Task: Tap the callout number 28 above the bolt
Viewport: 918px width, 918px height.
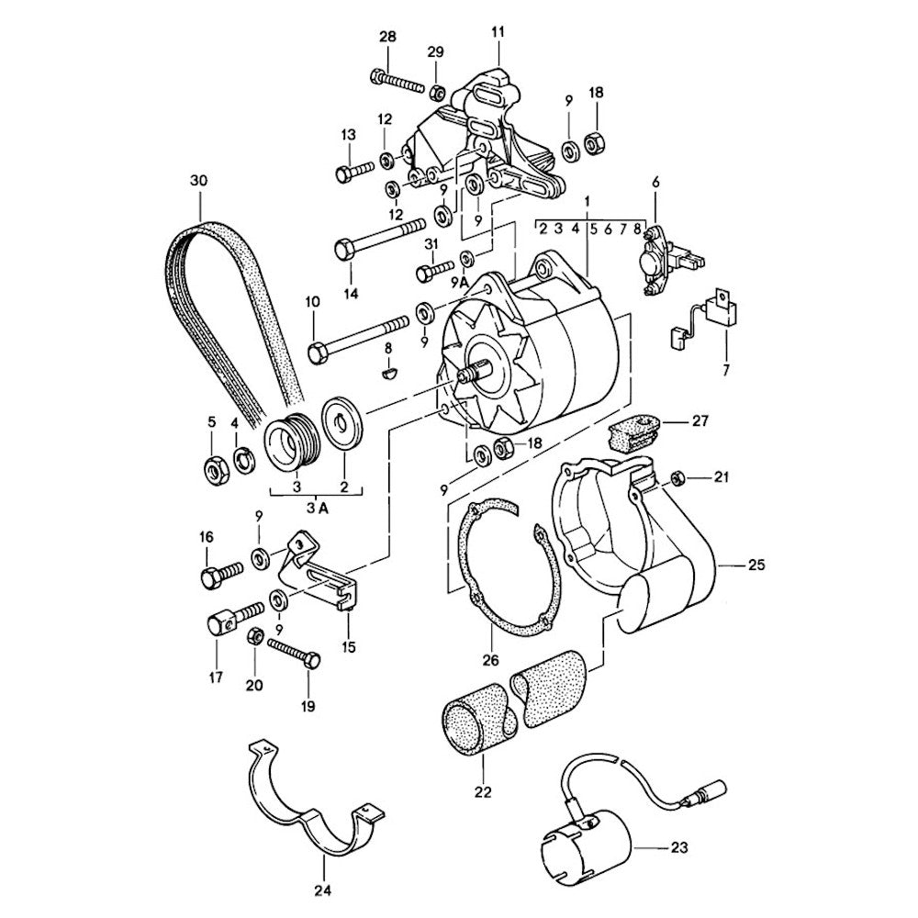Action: [x=387, y=38]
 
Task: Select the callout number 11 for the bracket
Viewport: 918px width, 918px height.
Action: [x=498, y=32]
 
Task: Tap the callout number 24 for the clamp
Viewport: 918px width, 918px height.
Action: [x=323, y=890]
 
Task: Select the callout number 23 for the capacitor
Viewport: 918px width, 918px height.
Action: [x=678, y=847]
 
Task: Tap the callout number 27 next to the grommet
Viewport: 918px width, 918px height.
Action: [x=700, y=421]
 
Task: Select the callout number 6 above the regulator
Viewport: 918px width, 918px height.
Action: [x=655, y=183]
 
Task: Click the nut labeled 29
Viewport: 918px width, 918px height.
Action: [x=439, y=92]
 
